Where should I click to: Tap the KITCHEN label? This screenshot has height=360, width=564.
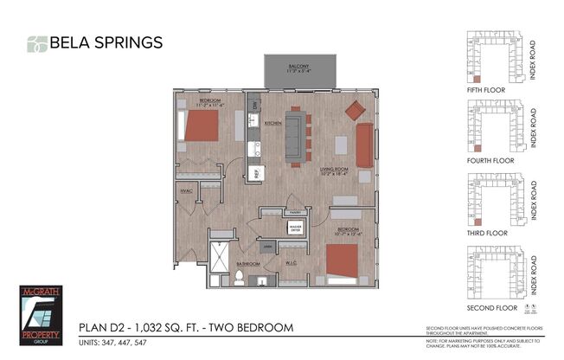273,124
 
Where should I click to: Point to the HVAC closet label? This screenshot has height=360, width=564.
185,190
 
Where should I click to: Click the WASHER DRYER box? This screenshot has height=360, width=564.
294,228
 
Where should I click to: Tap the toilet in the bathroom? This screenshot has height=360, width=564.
239,278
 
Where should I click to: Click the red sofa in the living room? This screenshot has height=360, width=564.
364,145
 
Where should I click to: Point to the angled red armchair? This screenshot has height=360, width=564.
355,110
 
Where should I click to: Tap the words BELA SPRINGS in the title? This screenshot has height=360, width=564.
105,42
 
